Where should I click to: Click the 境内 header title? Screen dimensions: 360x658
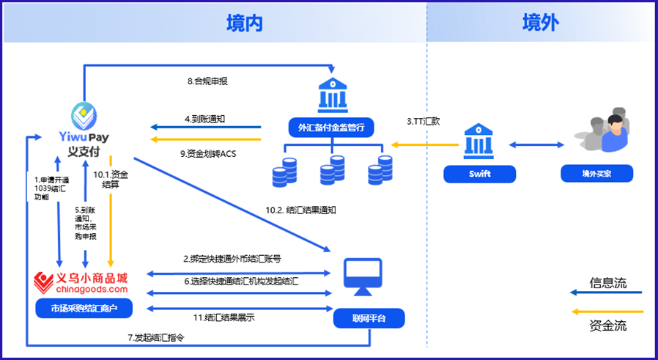[245, 23]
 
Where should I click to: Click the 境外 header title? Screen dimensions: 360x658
[541, 23]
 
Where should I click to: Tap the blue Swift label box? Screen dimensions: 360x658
[479, 174]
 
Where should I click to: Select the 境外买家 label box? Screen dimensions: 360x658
[596, 174]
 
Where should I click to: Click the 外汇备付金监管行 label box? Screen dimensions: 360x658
[331, 128]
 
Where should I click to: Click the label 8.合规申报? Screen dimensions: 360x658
[207, 81]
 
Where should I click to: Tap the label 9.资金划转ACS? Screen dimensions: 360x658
[208, 154]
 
